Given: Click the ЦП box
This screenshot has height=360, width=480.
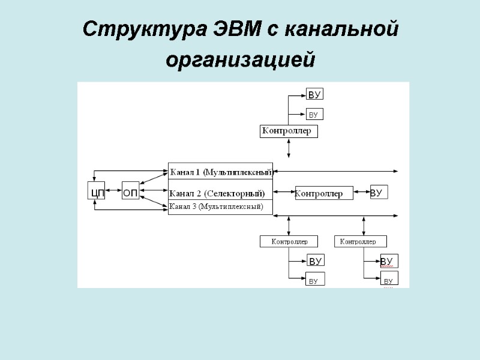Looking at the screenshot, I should click(96, 193).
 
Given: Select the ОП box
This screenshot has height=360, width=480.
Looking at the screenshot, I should click(130, 193).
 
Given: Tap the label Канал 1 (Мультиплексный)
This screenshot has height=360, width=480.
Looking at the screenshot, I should click(221, 172).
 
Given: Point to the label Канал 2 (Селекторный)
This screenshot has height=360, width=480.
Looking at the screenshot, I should click(217, 193).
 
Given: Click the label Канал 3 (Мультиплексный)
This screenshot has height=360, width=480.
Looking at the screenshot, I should click(216, 206).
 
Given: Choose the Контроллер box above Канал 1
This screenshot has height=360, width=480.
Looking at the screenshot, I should click(289, 131).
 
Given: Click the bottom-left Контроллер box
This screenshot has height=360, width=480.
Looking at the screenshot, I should click(290, 241).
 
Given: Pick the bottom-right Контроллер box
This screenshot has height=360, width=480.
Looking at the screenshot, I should click(360, 241).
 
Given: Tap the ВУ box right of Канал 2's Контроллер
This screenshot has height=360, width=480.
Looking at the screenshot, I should click(379, 192).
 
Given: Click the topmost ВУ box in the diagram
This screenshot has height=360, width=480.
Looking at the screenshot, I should click(315, 94).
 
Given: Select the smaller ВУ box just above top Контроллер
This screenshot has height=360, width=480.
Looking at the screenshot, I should click(315, 114).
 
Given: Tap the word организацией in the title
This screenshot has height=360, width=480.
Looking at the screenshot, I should click(240, 60).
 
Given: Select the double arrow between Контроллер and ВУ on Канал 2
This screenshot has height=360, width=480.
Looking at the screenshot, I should click(362, 192).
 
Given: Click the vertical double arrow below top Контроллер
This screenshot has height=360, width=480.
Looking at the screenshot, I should click(289, 148).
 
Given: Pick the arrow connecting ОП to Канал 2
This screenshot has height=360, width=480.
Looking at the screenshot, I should click(154, 193).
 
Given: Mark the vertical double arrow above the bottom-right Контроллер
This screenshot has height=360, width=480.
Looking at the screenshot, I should click(364, 226).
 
